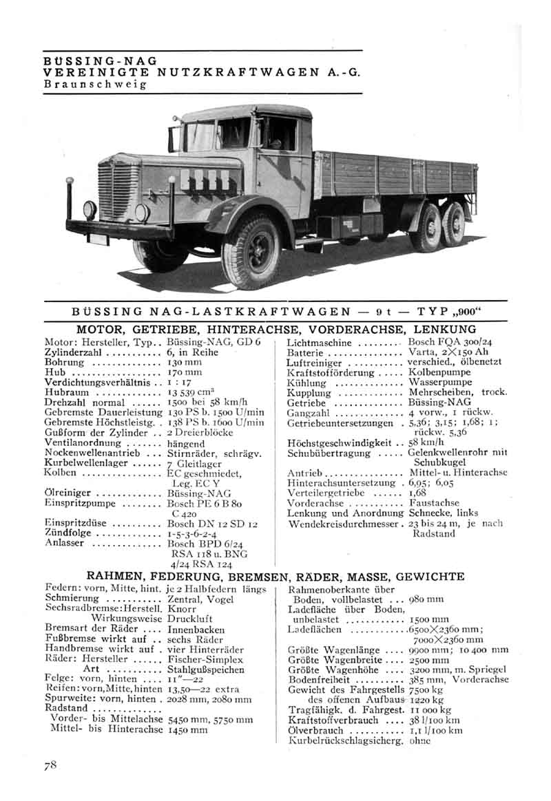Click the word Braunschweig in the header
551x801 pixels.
tap(95, 84)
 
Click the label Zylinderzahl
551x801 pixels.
tap(73, 352)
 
